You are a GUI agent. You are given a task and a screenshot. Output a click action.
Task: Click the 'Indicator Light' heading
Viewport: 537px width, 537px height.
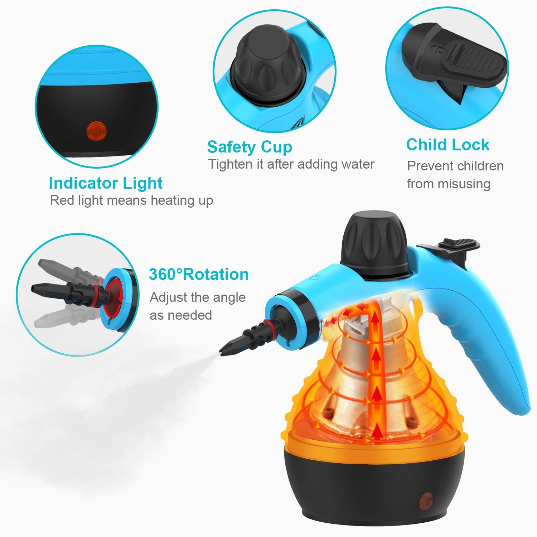click(106, 183)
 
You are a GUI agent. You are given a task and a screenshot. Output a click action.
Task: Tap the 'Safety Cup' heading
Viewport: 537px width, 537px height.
click(250, 147)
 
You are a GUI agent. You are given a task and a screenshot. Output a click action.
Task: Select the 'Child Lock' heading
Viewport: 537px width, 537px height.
click(447, 145)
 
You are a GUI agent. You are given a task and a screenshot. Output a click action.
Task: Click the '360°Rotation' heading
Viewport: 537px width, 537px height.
click(199, 275)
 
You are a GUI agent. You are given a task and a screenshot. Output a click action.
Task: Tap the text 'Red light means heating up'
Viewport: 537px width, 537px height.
click(131, 200)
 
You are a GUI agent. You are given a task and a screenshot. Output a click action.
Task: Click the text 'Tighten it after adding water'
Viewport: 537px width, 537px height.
click(291, 164)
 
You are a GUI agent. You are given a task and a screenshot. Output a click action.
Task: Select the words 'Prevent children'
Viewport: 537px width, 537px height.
click(455, 166)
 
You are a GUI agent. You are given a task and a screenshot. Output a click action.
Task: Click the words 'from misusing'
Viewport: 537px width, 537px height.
click(449, 184)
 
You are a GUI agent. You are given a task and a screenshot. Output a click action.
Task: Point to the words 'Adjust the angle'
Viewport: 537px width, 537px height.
click(198, 297)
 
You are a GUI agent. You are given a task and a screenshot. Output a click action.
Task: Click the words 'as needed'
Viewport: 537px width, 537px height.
click(181, 315)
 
